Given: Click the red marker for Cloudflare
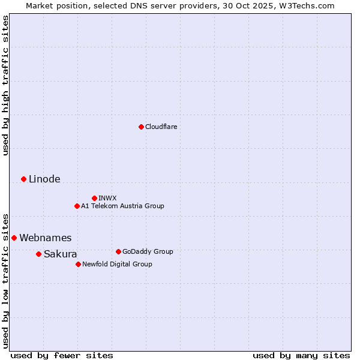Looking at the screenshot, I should tap(141, 127).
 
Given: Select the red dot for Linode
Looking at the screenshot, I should tap(23, 179).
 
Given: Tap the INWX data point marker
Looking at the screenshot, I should tap(94, 198).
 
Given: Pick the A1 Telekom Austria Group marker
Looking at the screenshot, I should tap(77, 206).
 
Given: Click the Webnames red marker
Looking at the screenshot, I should tap(14, 238).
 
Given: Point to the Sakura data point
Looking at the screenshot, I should tap(38, 254).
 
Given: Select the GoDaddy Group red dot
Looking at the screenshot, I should tap(118, 251).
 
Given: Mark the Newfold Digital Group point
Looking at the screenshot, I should tap(78, 264).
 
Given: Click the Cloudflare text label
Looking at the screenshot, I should tap(161, 127).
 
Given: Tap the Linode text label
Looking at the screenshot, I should tap(44, 179).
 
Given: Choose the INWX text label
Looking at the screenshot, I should tap(107, 198).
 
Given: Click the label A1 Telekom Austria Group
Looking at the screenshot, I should tap(122, 206).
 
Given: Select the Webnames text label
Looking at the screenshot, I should tap(45, 238).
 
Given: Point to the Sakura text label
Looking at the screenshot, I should tap(60, 254).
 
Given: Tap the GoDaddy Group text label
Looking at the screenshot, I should tap(148, 251).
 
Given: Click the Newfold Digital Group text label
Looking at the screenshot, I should tap(117, 264).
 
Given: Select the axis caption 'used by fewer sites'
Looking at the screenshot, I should tap(62, 355).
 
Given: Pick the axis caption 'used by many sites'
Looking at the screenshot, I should tap(301, 355).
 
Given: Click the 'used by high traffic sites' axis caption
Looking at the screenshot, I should tap(5, 85).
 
